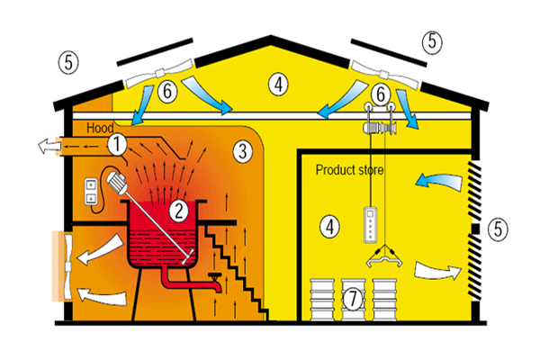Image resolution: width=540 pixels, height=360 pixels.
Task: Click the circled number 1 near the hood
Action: click(118, 143)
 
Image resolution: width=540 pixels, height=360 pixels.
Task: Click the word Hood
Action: click(101, 130)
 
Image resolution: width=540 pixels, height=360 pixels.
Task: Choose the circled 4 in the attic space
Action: click(281, 85)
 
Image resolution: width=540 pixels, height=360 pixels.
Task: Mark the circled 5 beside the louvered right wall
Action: click(499, 229)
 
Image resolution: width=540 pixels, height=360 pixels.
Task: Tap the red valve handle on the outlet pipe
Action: click(214, 277)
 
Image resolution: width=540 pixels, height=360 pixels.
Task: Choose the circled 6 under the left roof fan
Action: click(168, 91)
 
